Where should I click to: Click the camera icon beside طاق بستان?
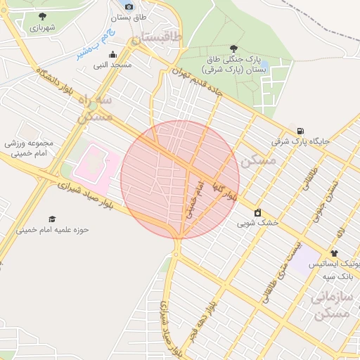(128, 6)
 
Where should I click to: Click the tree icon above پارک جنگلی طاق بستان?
(233, 48)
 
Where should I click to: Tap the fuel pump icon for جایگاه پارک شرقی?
(301, 130)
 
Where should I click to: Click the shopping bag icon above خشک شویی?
(257, 212)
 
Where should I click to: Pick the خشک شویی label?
(257, 224)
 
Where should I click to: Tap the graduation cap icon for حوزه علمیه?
(51, 219)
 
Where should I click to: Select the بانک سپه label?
(337, 275)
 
